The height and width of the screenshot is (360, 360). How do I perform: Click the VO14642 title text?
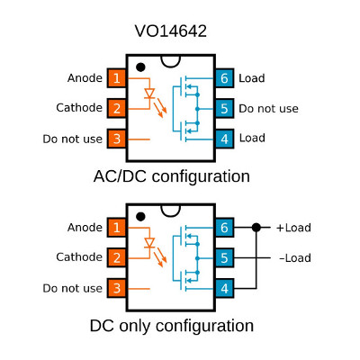pyautogui.click(x=171, y=31)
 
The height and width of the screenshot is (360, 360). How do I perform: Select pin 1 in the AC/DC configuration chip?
pyautogui.click(x=117, y=78)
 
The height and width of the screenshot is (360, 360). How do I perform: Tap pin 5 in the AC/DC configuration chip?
pyautogui.click(x=224, y=109)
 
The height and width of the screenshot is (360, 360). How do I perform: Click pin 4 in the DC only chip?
pyautogui.click(x=224, y=288)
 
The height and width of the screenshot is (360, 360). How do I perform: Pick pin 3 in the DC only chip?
pyautogui.click(x=117, y=288)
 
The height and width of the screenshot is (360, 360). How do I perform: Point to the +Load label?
pyautogui.click(x=293, y=228)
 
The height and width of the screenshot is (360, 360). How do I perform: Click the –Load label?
pyautogui.click(x=295, y=258)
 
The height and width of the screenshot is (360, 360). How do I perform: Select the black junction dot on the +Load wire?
pyautogui.click(x=256, y=228)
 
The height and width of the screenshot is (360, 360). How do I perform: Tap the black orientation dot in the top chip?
pyautogui.click(x=140, y=67)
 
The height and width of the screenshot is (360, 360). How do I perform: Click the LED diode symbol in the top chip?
pyautogui.click(x=149, y=94)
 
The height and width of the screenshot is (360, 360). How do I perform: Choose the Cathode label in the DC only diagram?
pyautogui.click(x=79, y=257)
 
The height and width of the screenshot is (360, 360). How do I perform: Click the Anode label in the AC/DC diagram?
pyautogui.click(x=85, y=78)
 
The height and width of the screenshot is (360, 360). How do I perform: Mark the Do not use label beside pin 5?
pyautogui.click(x=268, y=109)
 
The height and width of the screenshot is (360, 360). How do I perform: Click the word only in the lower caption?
pyautogui.click(x=134, y=326)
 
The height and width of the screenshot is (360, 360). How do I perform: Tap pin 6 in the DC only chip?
pyautogui.click(x=224, y=228)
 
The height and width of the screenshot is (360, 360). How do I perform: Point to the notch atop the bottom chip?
pyautogui.click(x=171, y=211)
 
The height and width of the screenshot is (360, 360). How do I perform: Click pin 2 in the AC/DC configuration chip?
pyautogui.click(x=117, y=108)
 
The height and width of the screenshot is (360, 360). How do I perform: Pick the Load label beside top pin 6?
pyautogui.click(x=252, y=78)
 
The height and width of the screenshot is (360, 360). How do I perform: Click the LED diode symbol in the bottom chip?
pyautogui.click(x=149, y=243)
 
